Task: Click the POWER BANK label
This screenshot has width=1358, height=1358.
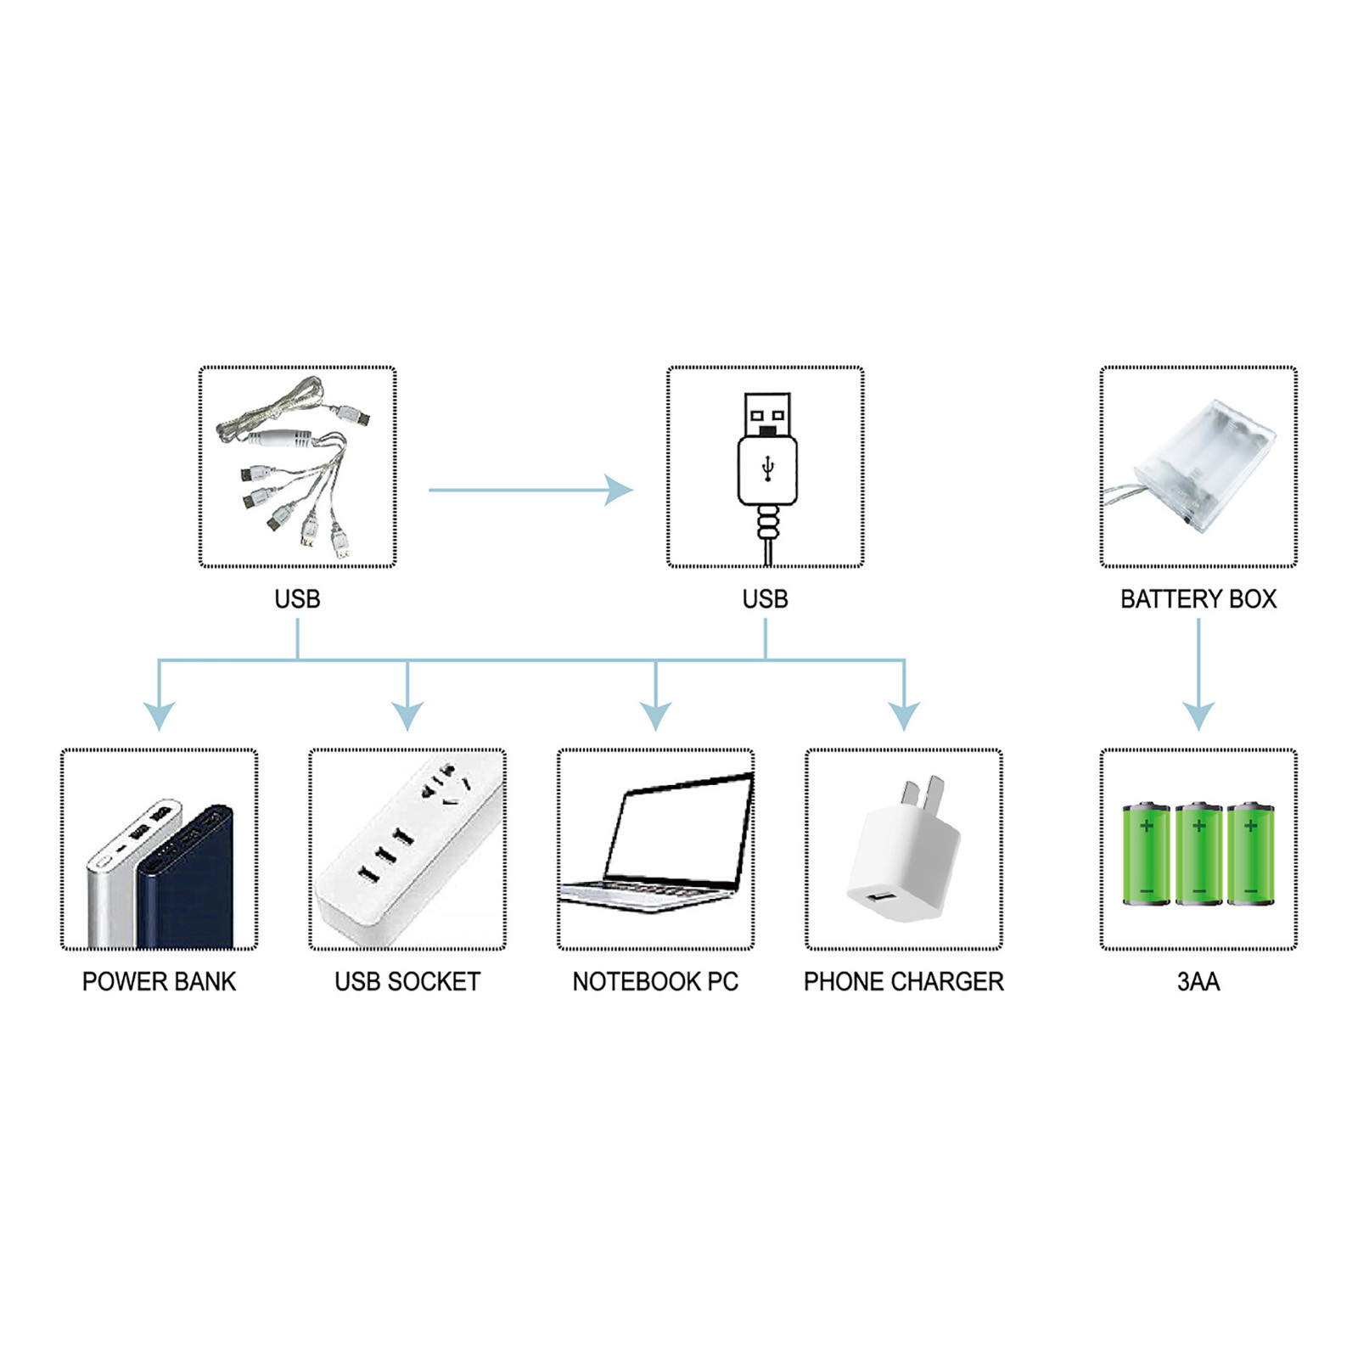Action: click(159, 981)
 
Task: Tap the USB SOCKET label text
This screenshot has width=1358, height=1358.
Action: click(407, 981)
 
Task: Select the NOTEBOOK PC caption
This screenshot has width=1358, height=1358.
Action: click(655, 981)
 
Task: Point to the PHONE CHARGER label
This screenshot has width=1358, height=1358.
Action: click(903, 981)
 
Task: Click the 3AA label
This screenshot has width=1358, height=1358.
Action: click(1198, 981)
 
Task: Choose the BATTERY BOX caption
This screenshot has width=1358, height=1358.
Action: click(1198, 599)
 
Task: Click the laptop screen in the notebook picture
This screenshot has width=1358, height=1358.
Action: click(679, 832)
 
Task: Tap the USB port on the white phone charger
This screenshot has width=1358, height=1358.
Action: click(883, 897)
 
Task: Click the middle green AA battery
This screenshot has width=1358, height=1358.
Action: click(1198, 854)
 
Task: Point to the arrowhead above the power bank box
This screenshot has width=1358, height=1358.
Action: click(159, 715)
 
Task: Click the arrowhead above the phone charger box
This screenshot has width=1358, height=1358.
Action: click(904, 715)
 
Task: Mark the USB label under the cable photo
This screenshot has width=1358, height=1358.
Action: click(297, 599)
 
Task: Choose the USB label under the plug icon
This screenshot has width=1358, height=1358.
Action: click(765, 599)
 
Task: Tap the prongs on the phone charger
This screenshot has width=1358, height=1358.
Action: click(923, 792)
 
